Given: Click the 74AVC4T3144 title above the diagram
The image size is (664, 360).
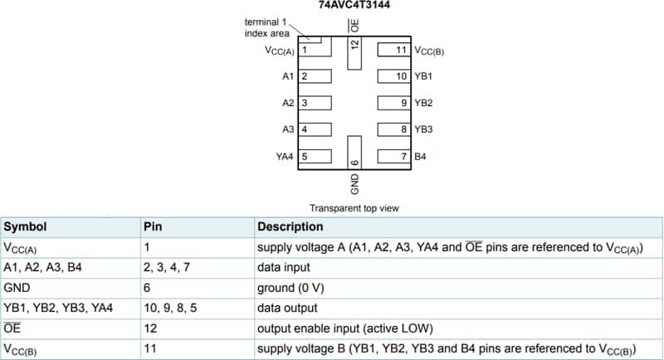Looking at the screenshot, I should (x=354, y=5).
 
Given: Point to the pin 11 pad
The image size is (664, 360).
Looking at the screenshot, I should (x=394, y=51).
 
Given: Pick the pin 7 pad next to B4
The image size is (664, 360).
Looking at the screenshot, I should (x=394, y=156).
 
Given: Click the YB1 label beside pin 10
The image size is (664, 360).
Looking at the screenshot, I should (x=423, y=76).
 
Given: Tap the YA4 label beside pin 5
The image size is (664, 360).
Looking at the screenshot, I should (x=285, y=156).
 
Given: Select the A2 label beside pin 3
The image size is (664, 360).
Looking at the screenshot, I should (x=288, y=103).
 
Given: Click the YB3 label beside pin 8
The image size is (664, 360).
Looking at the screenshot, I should (x=423, y=129).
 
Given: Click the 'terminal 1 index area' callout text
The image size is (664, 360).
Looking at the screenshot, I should (x=266, y=27).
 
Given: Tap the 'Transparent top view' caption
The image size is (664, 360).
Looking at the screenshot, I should (x=354, y=207).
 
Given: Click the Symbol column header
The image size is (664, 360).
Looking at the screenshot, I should (x=25, y=226).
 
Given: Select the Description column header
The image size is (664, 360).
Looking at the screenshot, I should (x=290, y=226).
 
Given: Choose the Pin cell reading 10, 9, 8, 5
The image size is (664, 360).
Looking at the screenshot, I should (x=166, y=308).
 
